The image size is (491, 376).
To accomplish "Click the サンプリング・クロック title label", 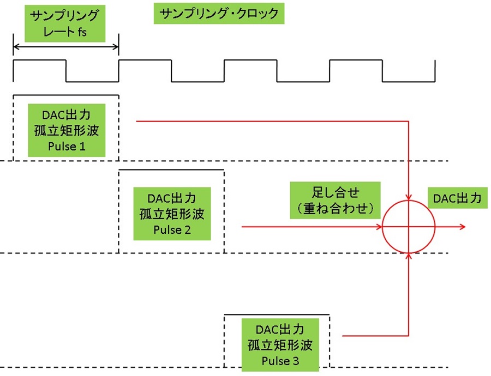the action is point(219,14).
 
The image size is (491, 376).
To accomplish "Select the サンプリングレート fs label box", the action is point(65,23).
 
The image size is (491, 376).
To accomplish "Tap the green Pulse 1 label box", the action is point(67,130).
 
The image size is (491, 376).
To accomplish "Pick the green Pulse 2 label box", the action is point(172,214).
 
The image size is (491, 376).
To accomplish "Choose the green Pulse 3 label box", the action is point(280,345).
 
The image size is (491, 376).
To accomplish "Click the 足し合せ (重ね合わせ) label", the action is point(335,200).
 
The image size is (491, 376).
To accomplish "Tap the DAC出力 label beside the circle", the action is point(458,198).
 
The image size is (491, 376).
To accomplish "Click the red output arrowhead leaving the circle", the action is point(463,227).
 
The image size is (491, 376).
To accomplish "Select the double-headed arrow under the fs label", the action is point(66,47).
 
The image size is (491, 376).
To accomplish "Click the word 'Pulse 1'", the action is point(67,147).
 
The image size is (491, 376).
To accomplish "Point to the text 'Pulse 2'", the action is point(172,230).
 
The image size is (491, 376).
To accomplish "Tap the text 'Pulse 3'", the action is point(280,361).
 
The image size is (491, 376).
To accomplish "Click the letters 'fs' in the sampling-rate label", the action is point(82,32).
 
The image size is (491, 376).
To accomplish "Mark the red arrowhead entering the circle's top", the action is point(409,197).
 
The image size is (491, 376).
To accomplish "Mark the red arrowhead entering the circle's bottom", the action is point(409,257).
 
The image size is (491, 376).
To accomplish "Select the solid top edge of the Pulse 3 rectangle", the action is point(277,314).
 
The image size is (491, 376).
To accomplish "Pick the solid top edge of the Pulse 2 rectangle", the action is point(171,170).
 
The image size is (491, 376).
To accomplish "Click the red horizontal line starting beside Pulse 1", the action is point(272,121).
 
